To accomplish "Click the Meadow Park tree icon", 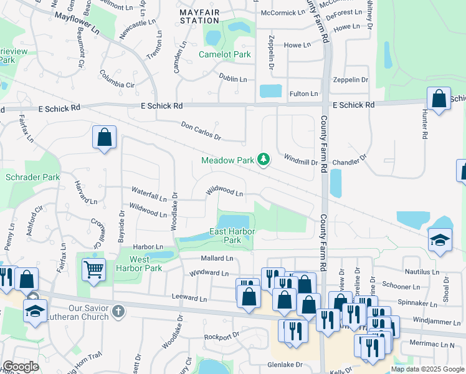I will coord(264,160).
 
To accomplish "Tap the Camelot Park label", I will coord(225,55).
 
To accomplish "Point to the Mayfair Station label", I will coord(199,16).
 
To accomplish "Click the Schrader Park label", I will coord(32,178).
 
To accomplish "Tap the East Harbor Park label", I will coord(224,236).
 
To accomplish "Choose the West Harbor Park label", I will coord(145,264).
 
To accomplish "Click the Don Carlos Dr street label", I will coord(201,130).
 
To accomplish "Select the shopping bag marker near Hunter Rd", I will coord(439,99).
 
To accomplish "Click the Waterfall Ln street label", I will coord(148,193).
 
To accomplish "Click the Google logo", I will coord(21,367).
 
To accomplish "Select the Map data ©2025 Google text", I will coord(427,369).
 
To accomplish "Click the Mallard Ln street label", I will coord(216,258).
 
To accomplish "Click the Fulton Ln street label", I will coord(303,94).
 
